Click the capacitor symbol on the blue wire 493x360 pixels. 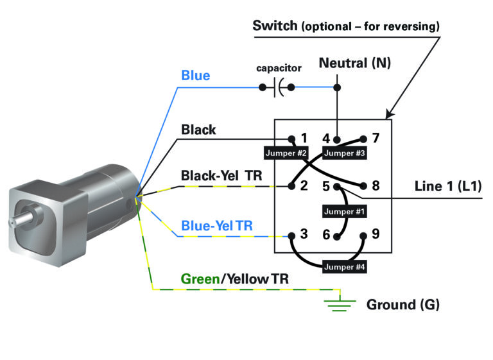tap(277, 87)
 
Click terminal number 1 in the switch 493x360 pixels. tap(304, 138)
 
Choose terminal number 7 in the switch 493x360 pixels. tap(376, 138)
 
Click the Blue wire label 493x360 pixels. tap(195, 76)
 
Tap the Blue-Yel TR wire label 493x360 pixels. tap(216, 226)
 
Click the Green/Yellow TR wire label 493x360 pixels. tap(234, 279)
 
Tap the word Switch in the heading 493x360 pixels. tap(275, 26)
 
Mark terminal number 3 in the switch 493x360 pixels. tap(304, 234)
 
